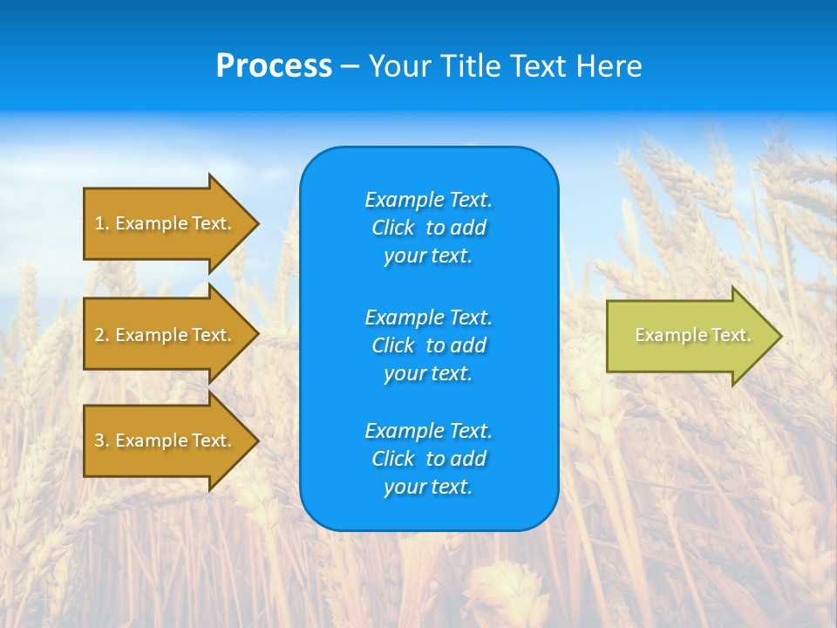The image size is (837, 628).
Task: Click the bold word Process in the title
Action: pos(274,66)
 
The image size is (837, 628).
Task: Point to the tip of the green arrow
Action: pos(779,336)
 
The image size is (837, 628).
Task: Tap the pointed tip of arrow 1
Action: pos(255,223)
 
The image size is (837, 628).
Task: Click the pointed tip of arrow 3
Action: pos(255,440)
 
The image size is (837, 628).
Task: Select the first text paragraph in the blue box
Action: pos(428,228)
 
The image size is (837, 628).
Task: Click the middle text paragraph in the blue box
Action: pos(428,345)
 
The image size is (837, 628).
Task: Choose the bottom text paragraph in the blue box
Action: pos(428,459)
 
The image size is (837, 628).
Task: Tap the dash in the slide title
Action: pos(350,67)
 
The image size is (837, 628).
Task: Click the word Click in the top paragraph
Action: pos(392,228)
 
